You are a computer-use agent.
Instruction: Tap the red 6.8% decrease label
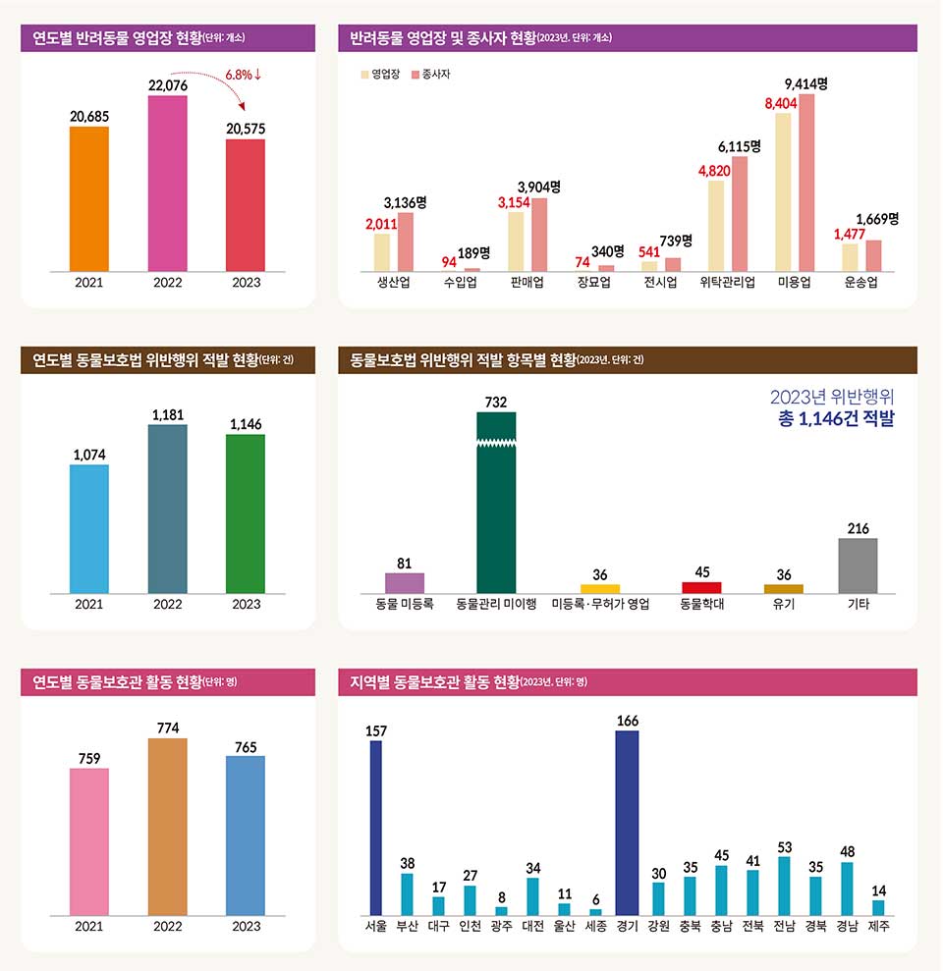coord(243,75)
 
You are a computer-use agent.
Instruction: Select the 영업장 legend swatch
coord(364,74)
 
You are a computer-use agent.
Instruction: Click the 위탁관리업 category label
coord(727,283)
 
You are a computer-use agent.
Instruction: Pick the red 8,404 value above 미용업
coord(783,103)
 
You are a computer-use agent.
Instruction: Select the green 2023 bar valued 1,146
coord(246,513)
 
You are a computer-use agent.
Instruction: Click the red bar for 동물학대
coord(701,587)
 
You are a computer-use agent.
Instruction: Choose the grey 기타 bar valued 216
coord(858,566)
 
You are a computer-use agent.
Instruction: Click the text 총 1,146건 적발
coord(836,419)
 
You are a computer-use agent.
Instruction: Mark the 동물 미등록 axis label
coord(404,605)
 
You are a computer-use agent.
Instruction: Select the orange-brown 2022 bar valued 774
coord(168,827)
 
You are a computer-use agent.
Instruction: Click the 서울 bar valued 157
coord(375,828)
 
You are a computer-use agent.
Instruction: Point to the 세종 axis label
coord(595,926)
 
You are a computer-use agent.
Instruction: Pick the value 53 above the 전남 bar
coord(784,846)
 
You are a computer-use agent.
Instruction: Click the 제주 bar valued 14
coord(878,908)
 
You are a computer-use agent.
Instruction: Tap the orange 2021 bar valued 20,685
coord(89,198)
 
